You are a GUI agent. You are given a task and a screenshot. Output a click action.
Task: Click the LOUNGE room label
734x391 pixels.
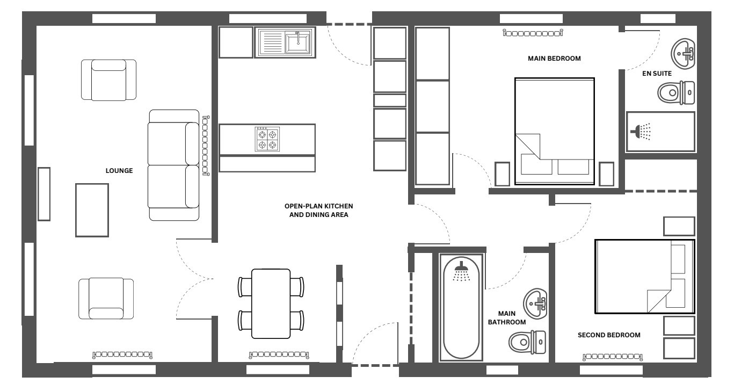point(119,170)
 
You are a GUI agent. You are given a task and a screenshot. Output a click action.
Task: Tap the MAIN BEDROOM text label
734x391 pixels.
point(554,59)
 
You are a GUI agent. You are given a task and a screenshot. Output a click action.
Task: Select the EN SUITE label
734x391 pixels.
point(657,74)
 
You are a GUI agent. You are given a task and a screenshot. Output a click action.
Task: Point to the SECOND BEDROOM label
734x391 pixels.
point(609,335)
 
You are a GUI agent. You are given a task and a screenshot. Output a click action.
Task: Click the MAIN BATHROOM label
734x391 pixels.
point(506,317)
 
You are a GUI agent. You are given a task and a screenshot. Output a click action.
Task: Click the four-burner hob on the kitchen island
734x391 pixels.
point(267,139)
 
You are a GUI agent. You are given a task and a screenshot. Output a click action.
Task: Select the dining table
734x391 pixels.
point(271,303)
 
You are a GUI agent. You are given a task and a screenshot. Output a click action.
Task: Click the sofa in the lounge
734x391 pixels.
point(173,165)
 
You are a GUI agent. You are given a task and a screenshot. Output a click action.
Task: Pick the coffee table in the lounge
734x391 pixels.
point(92,210)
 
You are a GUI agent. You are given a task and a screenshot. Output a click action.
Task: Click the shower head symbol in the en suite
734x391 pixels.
point(641,132)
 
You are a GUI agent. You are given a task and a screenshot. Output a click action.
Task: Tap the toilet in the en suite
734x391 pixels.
point(676,93)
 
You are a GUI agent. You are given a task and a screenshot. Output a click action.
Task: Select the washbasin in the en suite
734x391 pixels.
point(682,54)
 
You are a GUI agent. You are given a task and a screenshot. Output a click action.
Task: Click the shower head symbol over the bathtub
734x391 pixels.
point(461,271)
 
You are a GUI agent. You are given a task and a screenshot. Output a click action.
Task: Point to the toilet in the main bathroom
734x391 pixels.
point(527,342)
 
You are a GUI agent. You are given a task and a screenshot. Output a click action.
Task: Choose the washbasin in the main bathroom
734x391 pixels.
point(535,303)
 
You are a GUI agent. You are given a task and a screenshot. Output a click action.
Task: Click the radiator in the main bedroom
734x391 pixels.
point(533,33)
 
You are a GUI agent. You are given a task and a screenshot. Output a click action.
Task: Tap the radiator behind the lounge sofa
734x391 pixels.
point(206,146)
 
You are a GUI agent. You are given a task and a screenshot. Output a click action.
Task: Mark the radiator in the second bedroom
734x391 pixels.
point(613,357)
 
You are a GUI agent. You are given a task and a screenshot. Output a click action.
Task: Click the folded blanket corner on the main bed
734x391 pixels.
point(528,147)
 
